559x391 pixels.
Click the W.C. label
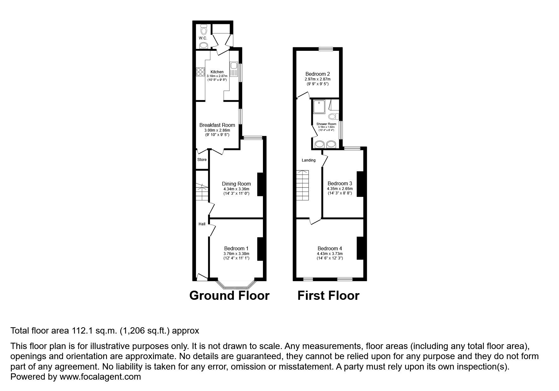203,38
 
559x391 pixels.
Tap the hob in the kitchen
200,72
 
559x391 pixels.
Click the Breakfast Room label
217,125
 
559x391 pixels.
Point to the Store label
202,160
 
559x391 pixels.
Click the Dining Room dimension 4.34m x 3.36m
236,189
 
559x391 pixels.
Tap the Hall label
202,224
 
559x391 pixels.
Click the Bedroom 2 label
318,74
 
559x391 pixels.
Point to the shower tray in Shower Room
320,107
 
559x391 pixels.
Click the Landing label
308,160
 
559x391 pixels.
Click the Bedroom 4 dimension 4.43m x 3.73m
330,253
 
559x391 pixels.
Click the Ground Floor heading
229,296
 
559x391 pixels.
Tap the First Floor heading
328,296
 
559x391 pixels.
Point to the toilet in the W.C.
204,31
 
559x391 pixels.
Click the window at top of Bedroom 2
326,49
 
